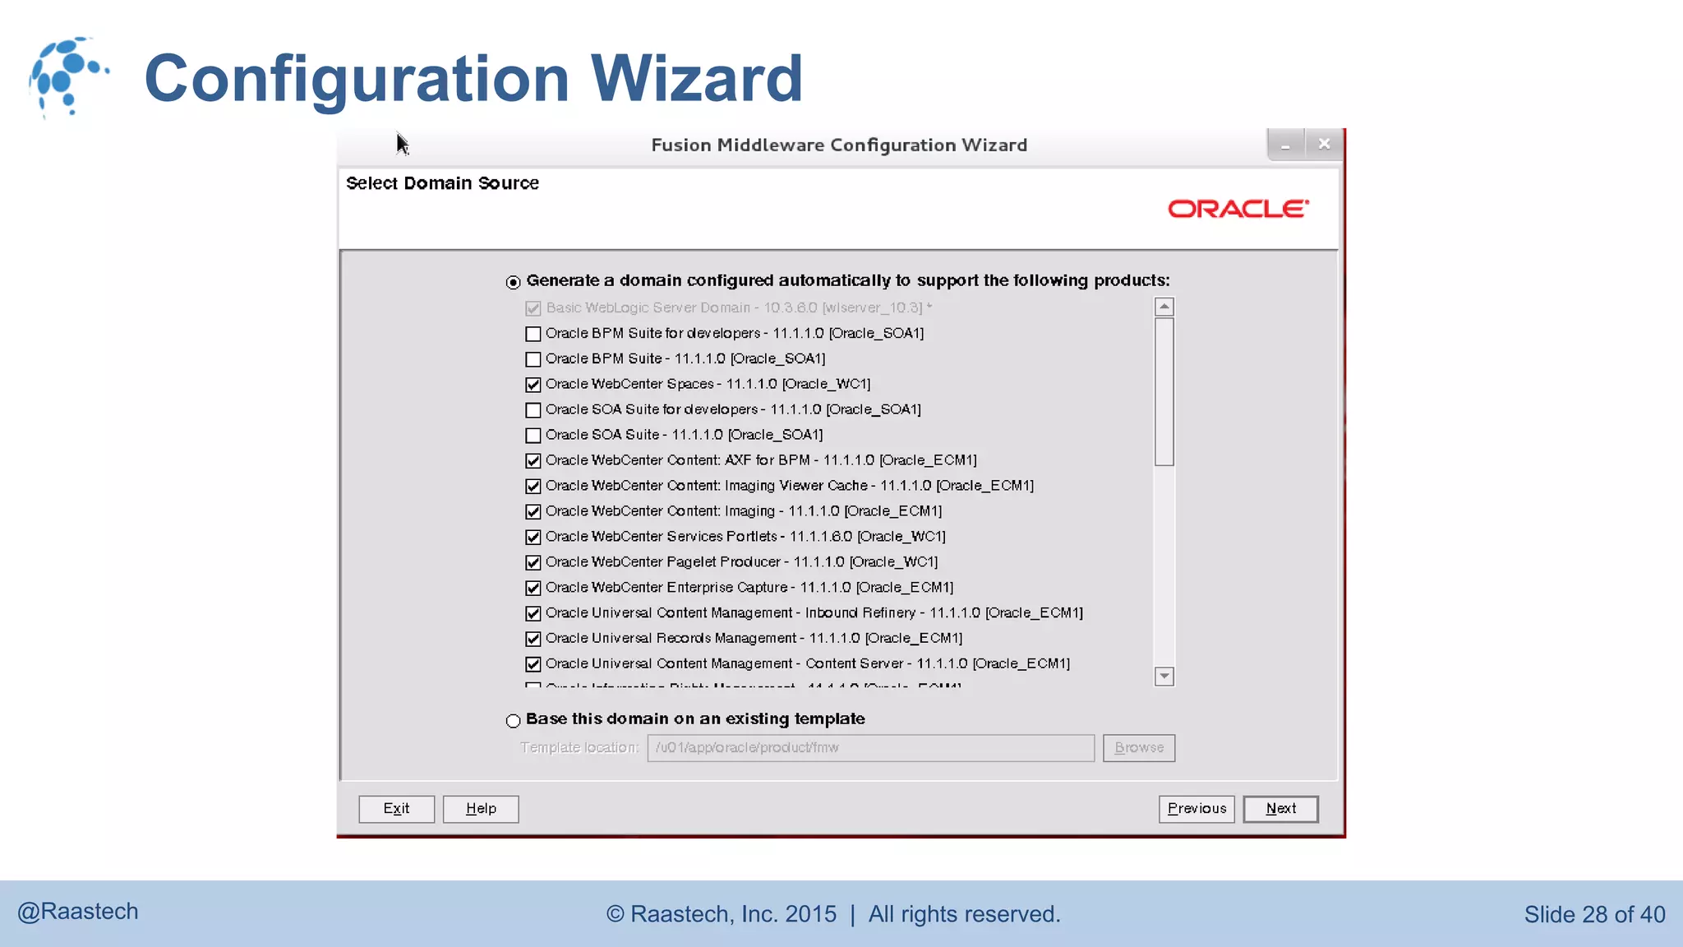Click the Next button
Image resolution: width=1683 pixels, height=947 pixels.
1280,809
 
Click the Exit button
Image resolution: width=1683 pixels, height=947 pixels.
396,809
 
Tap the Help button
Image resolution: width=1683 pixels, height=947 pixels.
481,809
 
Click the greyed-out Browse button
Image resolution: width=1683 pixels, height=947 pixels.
1139,748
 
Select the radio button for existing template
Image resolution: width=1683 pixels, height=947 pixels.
514,721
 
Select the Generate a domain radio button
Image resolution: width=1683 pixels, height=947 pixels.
514,282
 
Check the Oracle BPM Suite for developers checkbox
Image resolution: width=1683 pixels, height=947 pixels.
533,334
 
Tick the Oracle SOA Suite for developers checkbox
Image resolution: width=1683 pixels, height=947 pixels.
533,410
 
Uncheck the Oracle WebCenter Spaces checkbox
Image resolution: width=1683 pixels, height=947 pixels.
533,385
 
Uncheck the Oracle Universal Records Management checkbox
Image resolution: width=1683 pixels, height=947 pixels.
533,639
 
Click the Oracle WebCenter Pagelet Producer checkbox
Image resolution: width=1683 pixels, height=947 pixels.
533,562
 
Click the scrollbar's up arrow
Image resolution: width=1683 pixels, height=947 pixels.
1164,307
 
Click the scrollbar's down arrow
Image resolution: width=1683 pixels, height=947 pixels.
1164,676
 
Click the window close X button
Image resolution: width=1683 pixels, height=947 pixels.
1324,144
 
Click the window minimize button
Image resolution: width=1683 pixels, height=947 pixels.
1285,145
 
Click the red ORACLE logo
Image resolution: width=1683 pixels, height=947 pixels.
1238,209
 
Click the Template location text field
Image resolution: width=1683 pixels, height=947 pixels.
870,748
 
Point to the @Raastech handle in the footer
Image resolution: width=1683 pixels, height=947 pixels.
78,912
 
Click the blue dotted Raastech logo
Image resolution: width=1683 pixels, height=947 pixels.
67,76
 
